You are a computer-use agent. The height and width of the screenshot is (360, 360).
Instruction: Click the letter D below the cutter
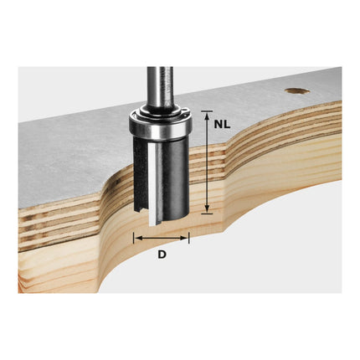click(x=162, y=253)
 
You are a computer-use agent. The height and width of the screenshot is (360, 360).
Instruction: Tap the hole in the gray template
click(x=296, y=90)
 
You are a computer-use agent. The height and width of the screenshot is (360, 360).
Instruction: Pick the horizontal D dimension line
click(x=161, y=238)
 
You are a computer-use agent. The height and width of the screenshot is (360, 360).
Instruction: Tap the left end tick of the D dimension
click(x=132, y=238)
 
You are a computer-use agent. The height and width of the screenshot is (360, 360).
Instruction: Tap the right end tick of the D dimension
click(x=189, y=238)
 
